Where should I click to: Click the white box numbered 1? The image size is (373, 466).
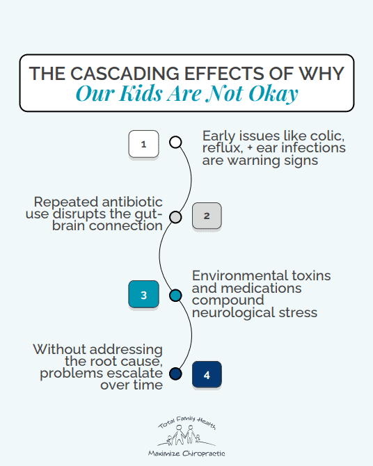tap(143, 144)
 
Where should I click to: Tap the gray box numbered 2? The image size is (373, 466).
tap(207, 216)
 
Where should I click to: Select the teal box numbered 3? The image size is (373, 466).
tap(143, 294)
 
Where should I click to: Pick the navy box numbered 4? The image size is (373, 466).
tap(207, 374)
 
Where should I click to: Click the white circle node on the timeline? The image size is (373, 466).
tap(175, 142)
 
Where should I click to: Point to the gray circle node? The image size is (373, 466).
tap(175, 217)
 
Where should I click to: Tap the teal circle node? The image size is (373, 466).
tap(175, 296)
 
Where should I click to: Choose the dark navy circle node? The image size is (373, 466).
tap(175, 373)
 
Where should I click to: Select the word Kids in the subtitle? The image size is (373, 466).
tap(140, 93)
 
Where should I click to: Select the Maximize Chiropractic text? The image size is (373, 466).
tap(186, 453)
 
